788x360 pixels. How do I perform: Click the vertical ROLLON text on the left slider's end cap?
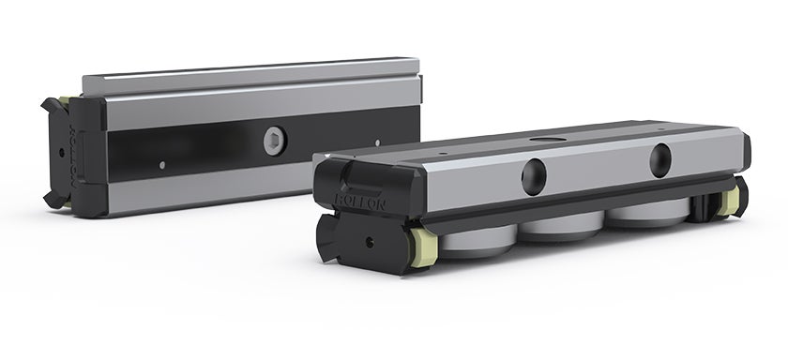[x=80, y=150]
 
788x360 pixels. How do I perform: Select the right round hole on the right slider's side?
[x=662, y=155]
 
